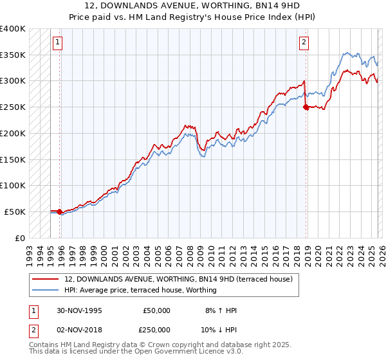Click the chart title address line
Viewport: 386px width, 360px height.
192,6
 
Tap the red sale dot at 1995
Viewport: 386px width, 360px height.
60,212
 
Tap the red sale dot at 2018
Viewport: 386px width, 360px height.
306,107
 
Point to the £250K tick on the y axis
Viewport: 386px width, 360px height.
13,107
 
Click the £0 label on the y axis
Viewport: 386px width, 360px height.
19,238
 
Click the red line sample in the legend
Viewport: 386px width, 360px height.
46,279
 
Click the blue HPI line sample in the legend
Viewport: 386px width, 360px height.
46,290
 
